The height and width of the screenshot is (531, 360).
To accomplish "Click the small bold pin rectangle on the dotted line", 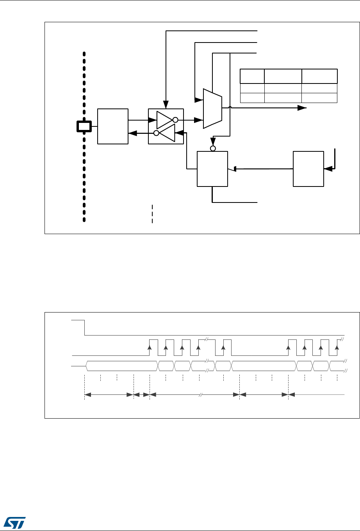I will [84, 126].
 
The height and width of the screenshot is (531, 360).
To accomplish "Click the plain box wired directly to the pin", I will [113, 126].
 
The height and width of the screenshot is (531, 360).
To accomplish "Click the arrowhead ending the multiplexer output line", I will [302, 108].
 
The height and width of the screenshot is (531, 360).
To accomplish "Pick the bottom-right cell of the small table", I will [319, 98].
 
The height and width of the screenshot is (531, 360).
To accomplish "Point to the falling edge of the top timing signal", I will [85, 327].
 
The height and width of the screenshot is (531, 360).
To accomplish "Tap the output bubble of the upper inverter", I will [175, 120].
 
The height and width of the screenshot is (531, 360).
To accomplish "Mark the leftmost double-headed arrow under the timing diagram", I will [109, 395].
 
